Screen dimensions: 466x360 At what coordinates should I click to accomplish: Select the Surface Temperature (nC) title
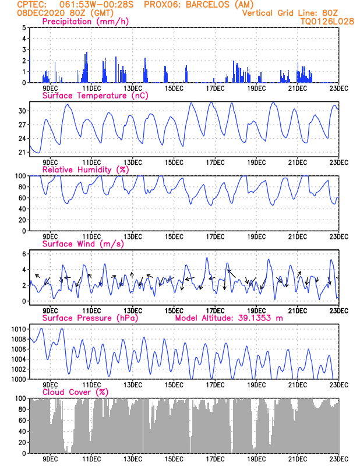[87, 96]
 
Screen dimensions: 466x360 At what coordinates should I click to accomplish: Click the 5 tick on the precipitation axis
[23, 28]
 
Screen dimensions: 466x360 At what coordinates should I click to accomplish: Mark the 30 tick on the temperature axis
[22, 111]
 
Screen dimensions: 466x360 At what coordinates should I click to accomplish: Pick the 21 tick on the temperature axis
[22, 153]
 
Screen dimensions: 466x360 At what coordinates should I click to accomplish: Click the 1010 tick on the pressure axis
[18, 329]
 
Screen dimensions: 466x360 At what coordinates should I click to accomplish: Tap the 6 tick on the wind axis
[23, 254]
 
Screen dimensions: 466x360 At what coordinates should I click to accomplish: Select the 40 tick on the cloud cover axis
[22, 432]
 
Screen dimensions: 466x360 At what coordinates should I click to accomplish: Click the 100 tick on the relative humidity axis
[20, 176]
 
